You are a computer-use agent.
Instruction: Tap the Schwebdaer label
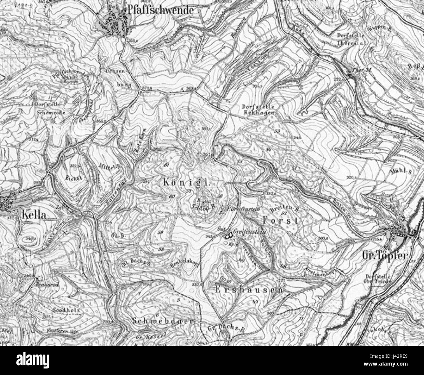[x=164, y=320]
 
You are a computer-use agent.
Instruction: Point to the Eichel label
[x=73, y=178]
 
